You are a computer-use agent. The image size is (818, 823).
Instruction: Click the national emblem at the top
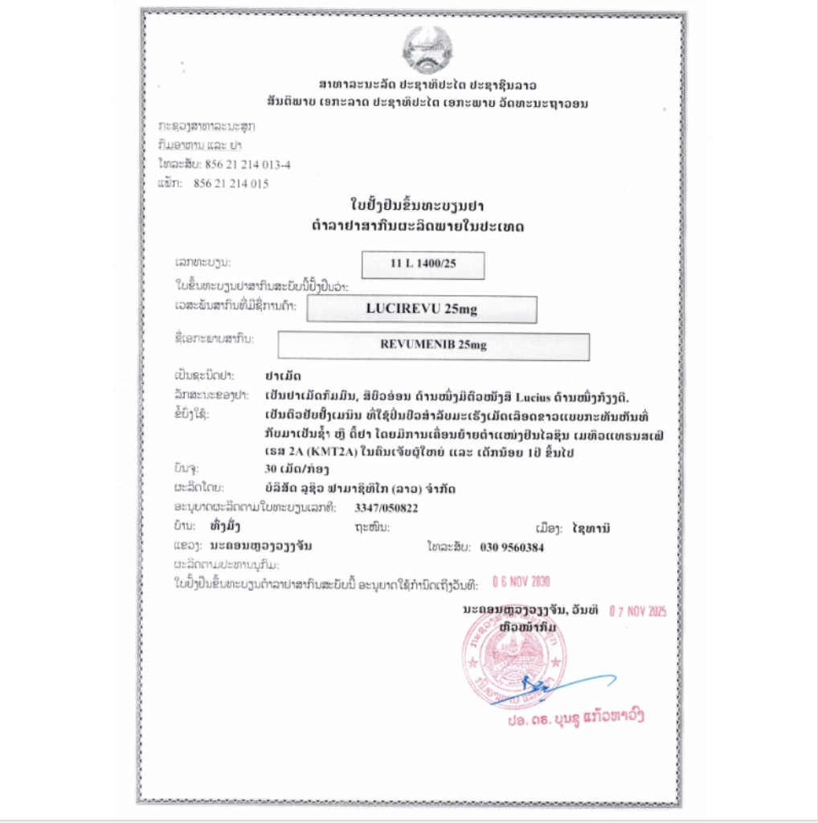click(427, 47)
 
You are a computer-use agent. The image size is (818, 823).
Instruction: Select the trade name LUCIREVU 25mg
click(421, 309)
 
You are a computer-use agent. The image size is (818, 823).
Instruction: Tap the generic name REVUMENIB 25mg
click(433, 346)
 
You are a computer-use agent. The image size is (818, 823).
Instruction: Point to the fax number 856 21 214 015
click(231, 183)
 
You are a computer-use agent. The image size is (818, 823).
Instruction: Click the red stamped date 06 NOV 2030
click(521, 582)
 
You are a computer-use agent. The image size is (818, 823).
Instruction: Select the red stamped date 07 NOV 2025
click(638, 611)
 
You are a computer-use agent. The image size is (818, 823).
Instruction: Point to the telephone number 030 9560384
click(512, 547)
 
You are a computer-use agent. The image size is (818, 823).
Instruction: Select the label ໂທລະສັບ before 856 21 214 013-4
click(174, 164)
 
